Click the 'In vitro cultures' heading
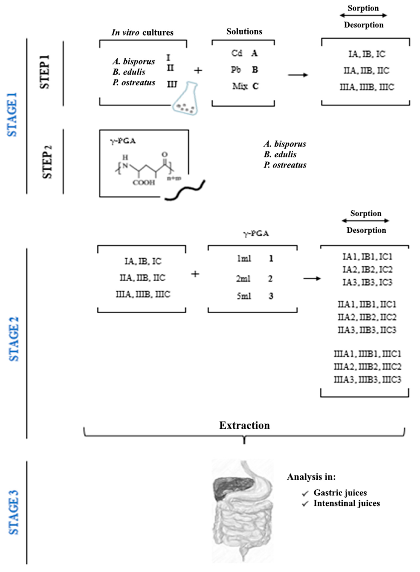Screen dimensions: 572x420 tap(142, 33)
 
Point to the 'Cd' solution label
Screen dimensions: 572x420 tap(236, 53)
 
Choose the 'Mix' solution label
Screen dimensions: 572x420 tap(240, 87)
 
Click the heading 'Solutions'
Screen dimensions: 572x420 tap(244, 32)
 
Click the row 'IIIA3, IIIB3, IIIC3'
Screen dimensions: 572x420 tap(367, 380)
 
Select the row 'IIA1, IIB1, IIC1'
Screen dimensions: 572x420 tap(367, 304)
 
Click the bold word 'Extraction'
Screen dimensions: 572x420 tap(244, 425)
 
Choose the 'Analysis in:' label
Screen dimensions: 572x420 tap(311, 477)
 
